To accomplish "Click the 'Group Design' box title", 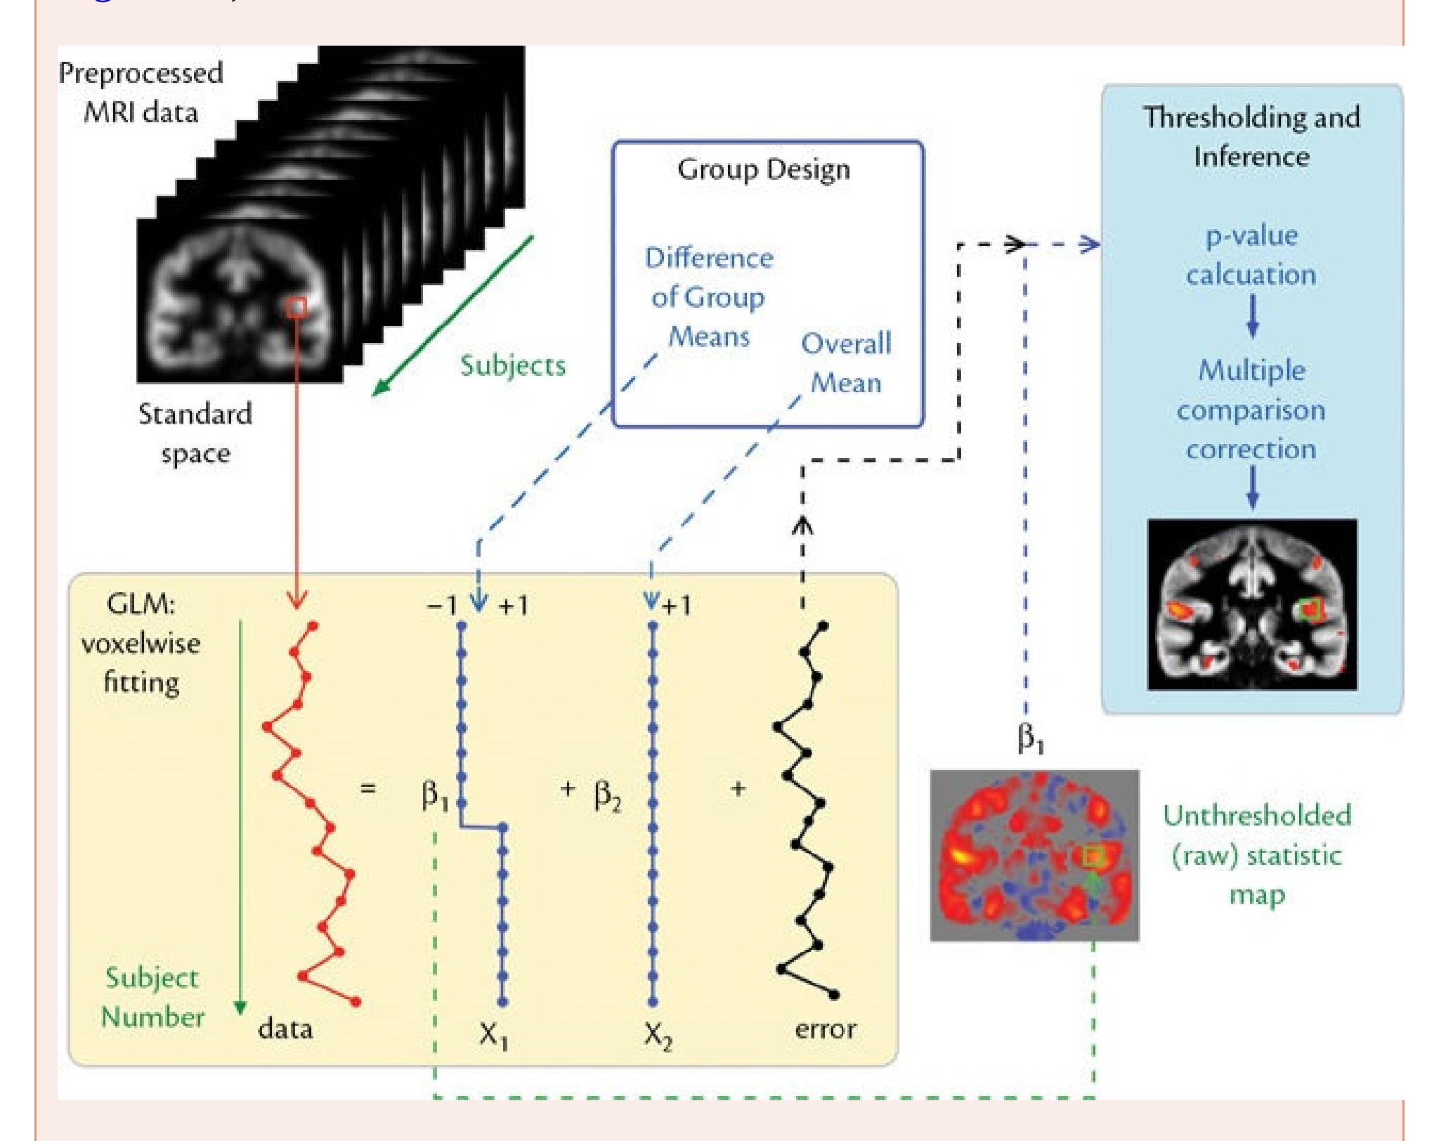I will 764,169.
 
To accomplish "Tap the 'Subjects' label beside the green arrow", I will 513,365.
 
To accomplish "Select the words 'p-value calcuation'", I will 1251,254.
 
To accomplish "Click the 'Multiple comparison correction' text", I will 1251,410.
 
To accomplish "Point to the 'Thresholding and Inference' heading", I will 1251,136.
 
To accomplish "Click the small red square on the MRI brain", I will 297,307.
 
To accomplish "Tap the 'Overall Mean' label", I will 846,363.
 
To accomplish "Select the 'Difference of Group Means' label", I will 709,297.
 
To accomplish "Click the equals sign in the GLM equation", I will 367,788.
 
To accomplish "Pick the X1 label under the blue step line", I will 493,1034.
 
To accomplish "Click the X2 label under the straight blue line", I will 658,1034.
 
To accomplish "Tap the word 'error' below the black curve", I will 825,1029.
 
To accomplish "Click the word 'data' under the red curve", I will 285,1029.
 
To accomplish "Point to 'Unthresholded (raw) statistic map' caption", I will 1257,855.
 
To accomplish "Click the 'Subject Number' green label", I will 152,998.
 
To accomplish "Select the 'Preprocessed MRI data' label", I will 141,92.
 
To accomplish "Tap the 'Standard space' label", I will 195,433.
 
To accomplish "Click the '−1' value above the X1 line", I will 442,605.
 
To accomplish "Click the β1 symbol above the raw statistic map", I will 1030,738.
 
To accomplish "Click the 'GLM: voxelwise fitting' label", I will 141,643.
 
